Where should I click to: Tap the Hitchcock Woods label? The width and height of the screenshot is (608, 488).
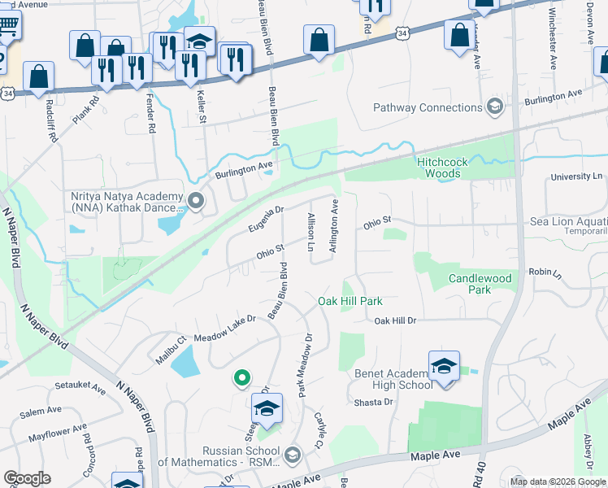coord(442,168)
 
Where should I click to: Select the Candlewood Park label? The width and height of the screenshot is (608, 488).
coord(480,284)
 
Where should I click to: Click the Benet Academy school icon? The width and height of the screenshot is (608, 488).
coord(444,368)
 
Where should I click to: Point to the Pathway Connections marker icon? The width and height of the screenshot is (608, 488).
coord(494,107)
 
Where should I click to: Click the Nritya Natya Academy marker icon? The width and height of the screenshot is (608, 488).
coord(195,199)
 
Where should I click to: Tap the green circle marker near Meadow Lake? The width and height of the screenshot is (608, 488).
coord(241,377)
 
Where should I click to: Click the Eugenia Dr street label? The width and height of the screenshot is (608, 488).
coord(266,216)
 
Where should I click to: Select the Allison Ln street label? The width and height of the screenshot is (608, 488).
coord(311,233)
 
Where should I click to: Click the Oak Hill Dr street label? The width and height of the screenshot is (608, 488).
coord(395,321)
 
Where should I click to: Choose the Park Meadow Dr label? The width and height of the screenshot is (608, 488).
coord(304,365)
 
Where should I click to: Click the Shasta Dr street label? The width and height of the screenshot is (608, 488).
coord(373,402)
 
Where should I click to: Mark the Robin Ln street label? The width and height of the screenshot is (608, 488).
coord(545,272)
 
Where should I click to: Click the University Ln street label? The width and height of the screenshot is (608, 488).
coord(575,176)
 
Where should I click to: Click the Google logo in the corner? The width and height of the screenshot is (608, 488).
coord(27,478)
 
